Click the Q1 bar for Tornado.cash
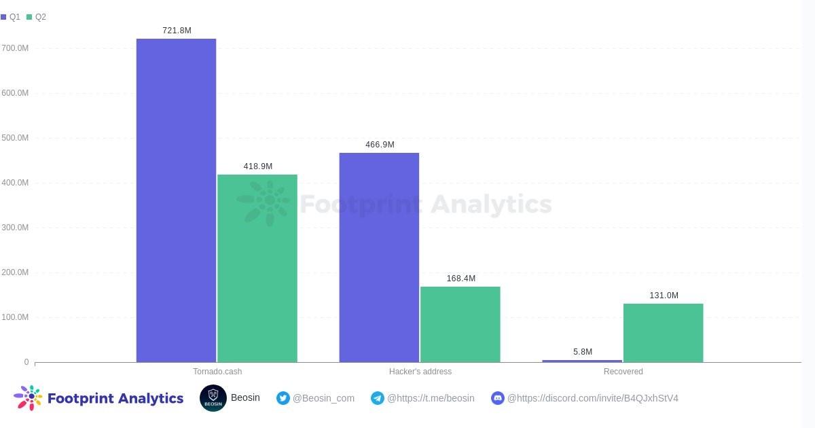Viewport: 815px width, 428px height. (176, 200)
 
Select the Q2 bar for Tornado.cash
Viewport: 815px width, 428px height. (257, 268)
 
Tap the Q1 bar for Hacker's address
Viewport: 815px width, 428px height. (379, 257)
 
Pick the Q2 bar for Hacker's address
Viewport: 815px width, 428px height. (460, 324)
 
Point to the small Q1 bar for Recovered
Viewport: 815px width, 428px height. (582, 361)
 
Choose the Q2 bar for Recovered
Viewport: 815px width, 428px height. (663, 333)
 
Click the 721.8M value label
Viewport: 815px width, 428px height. (177, 31)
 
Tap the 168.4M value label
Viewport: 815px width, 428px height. (460, 279)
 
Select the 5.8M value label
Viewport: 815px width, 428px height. (583, 352)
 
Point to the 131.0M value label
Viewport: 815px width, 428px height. (664, 296)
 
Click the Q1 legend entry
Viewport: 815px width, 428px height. (11, 17)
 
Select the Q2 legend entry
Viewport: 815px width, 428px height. (37, 17)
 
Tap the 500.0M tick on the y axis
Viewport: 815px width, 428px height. (15, 138)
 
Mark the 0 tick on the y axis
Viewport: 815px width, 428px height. (26, 362)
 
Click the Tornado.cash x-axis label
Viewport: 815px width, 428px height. (217, 372)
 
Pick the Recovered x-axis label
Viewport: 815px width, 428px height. (623, 372)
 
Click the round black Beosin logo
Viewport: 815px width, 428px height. (213, 398)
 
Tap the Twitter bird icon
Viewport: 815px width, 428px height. (283, 398)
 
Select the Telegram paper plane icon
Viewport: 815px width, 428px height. (378, 398)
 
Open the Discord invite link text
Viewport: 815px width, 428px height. (592, 398)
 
